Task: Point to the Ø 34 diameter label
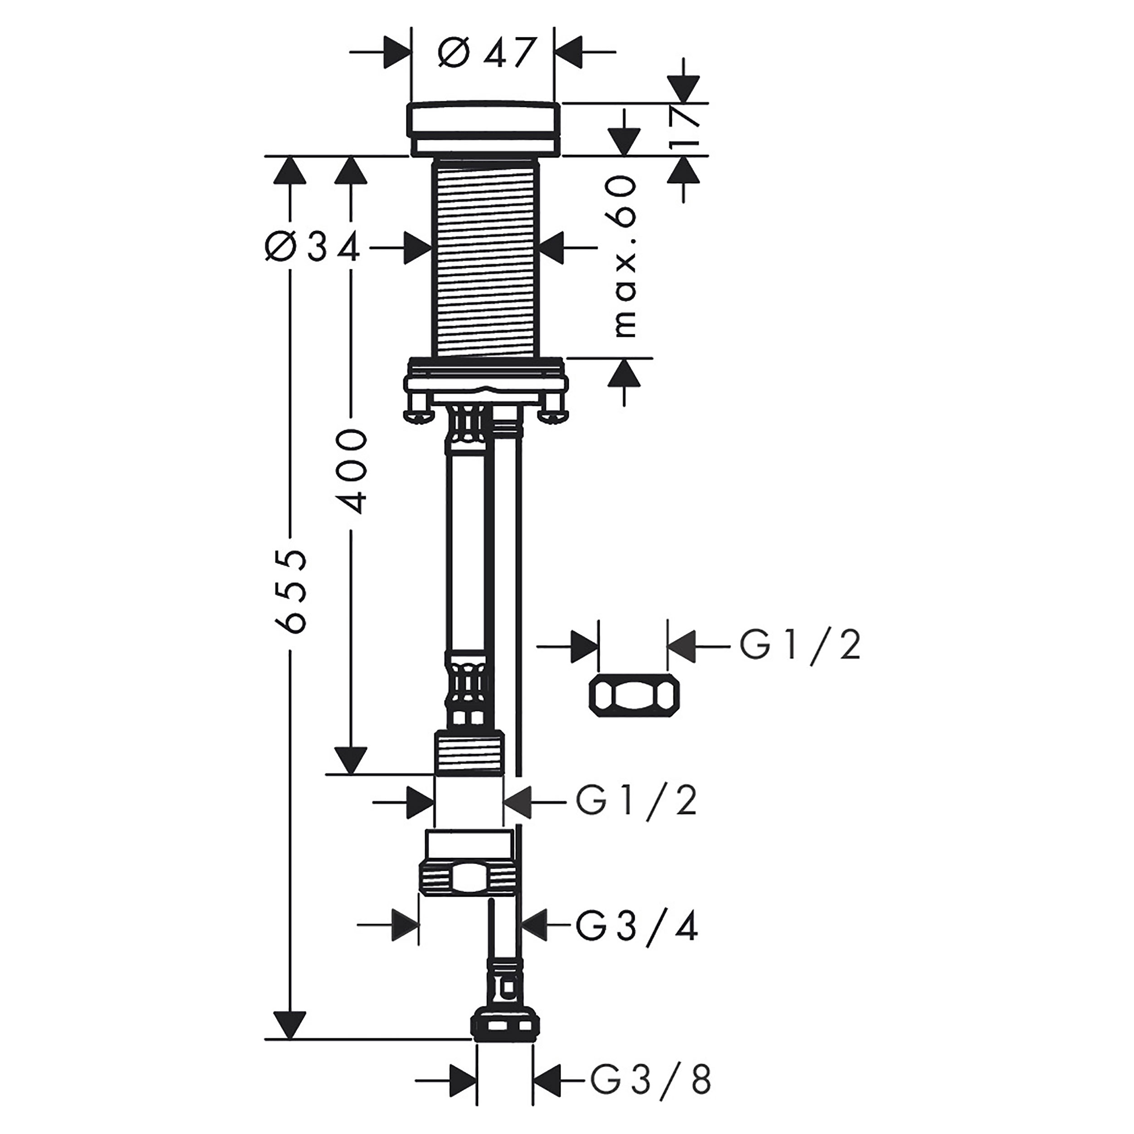[x=312, y=248]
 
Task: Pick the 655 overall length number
[x=292, y=591]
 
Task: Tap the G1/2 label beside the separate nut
[x=799, y=647]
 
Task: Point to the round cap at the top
[x=485, y=129]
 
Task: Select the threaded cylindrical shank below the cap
[x=485, y=258]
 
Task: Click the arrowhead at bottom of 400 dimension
[x=351, y=761]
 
